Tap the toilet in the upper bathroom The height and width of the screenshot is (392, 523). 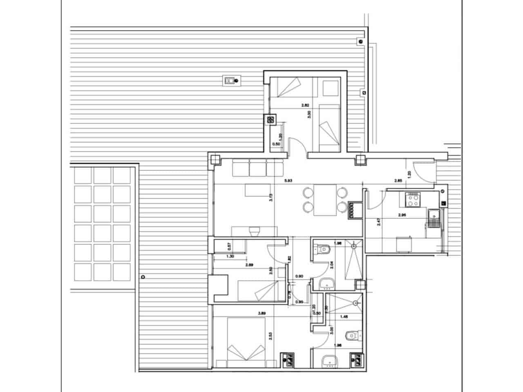[322, 248]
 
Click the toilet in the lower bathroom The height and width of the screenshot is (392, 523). [352, 336]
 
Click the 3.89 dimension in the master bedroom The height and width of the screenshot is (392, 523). [263, 314]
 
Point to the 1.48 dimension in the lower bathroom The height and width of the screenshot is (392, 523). [344, 316]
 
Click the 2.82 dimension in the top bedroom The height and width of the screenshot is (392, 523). [305, 105]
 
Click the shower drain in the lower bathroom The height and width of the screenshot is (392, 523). [356, 303]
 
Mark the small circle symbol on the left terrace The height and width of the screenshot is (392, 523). [143, 277]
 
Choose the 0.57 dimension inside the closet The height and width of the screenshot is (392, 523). [229, 246]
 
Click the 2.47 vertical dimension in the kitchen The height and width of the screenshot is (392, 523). [378, 223]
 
